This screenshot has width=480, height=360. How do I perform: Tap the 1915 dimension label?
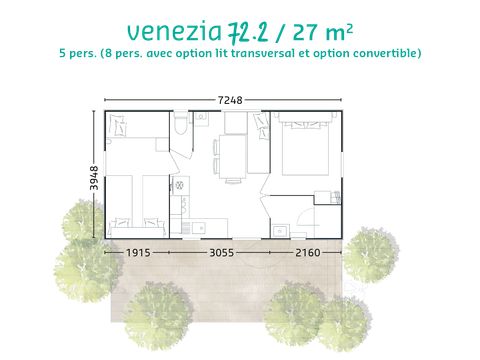point(140,254)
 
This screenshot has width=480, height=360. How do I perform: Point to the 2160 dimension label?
point(307,254)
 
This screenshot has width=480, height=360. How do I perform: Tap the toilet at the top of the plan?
point(181,124)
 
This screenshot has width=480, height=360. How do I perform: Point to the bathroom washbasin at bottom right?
point(282,231)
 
